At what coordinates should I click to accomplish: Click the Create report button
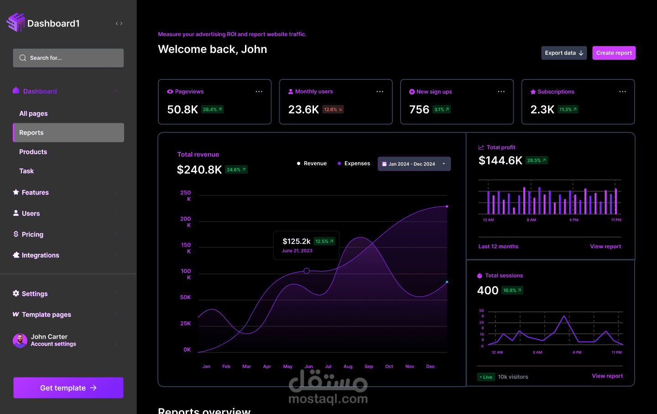(x=614, y=53)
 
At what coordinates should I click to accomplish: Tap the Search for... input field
(x=68, y=58)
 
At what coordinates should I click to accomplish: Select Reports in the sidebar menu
(x=68, y=132)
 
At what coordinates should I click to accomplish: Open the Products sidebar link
(x=33, y=152)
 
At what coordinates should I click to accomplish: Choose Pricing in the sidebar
(x=32, y=235)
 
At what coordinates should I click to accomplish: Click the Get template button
(x=68, y=388)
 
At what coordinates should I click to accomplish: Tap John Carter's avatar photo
(x=20, y=341)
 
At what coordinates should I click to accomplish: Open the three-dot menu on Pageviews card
(x=259, y=92)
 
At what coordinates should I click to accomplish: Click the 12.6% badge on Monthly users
(x=333, y=110)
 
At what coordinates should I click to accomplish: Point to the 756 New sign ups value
(x=419, y=110)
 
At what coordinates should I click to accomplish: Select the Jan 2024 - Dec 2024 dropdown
(x=414, y=164)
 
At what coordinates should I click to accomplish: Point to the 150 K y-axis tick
(x=186, y=248)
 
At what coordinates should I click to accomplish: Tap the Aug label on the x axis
(x=348, y=367)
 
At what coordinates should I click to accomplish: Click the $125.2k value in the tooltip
(x=297, y=241)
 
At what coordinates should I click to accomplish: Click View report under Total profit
(x=605, y=246)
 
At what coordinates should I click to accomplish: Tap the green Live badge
(x=486, y=377)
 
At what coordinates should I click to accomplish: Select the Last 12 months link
(x=498, y=246)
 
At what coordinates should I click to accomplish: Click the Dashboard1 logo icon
(x=16, y=22)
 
